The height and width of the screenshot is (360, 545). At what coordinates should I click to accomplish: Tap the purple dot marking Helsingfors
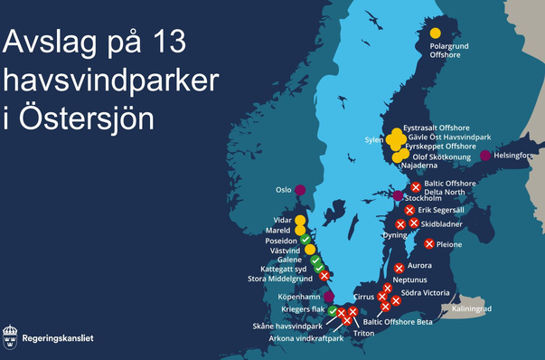click(485, 156)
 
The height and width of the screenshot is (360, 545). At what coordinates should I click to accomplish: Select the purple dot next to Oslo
click(300, 190)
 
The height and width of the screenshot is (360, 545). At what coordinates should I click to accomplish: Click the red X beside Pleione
click(428, 243)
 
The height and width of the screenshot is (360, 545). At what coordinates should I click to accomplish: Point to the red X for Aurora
click(399, 268)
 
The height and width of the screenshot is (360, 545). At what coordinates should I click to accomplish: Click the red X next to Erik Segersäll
click(409, 211)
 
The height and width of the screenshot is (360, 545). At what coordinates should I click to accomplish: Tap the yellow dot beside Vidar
click(299, 220)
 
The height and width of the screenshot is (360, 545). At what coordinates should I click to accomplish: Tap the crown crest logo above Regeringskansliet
click(11, 336)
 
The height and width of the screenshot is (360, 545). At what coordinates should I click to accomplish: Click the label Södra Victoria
click(425, 293)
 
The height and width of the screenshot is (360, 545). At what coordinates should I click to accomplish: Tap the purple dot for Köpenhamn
click(329, 296)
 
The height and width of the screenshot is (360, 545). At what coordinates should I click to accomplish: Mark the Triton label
click(364, 333)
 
